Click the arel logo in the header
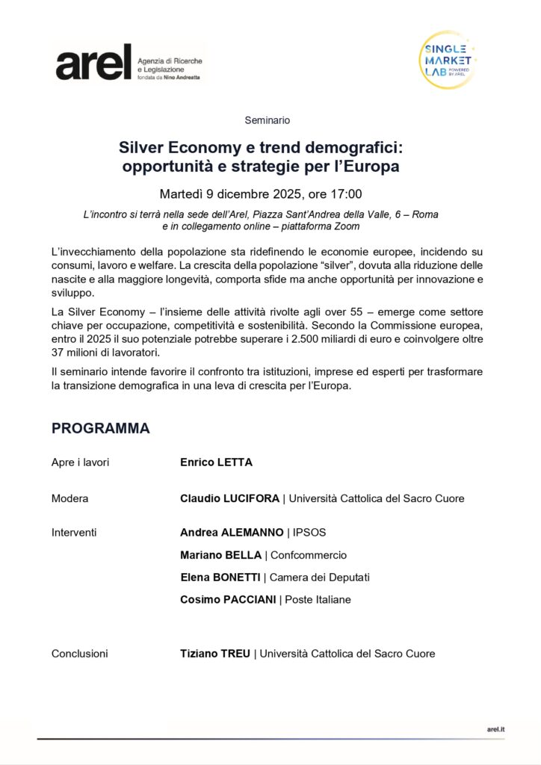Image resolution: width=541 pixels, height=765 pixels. [x=93, y=62]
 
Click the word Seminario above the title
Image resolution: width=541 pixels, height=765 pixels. [x=268, y=120]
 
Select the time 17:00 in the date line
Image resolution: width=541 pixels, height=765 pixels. [x=347, y=194]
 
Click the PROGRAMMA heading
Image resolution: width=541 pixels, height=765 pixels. [x=100, y=429]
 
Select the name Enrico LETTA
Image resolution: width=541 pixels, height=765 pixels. [x=216, y=462]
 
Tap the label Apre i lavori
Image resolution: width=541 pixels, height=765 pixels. [x=80, y=462]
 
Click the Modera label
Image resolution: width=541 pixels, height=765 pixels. [x=69, y=498]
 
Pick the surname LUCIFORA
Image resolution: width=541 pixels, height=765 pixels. [x=251, y=498]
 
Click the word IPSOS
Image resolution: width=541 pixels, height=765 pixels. [x=309, y=533]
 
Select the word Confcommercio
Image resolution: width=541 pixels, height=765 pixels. [x=309, y=555]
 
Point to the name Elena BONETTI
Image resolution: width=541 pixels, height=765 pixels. [x=220, y=577]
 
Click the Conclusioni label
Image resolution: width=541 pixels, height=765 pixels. [x=80, y=654]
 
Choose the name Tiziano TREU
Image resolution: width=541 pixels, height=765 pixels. [x=214, y=654]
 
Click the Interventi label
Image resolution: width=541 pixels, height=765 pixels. [x=74, y=533]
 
